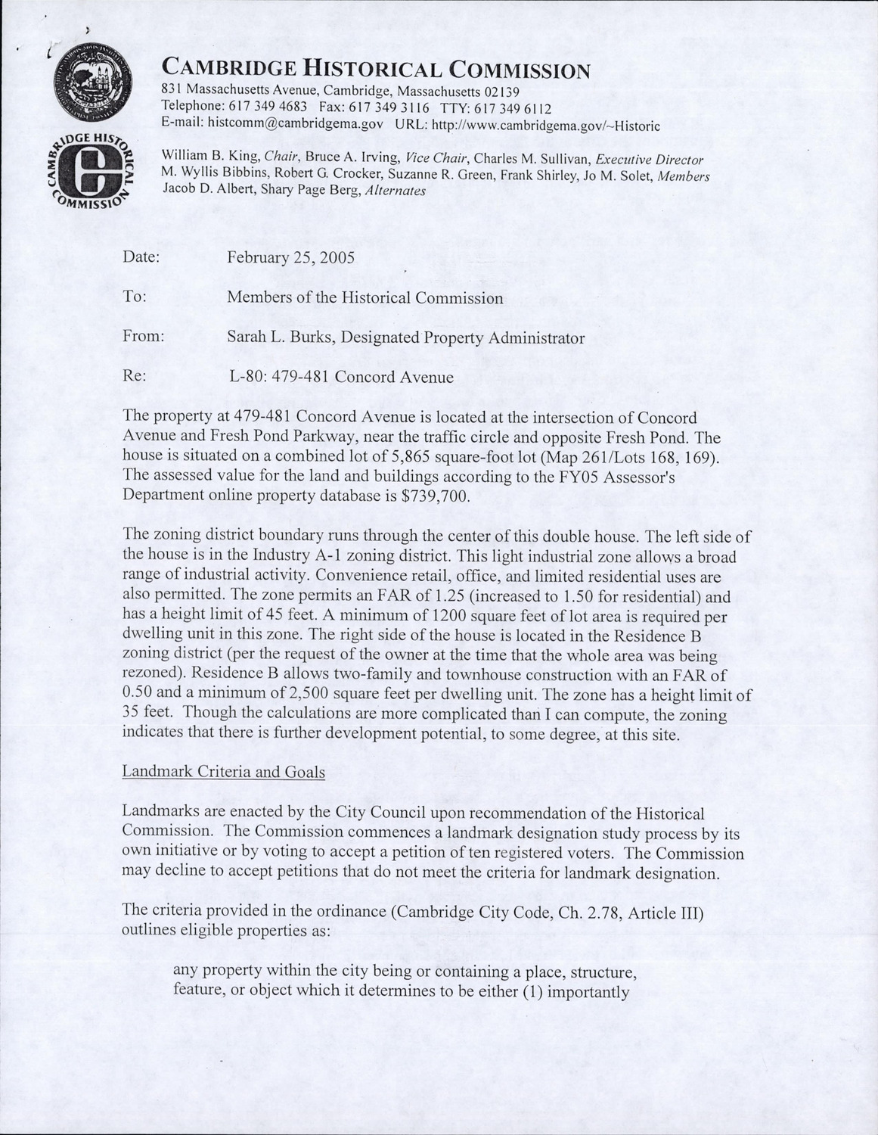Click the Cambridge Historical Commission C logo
[94, 172]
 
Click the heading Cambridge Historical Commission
[376, 70]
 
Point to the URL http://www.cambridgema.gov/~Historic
[544, 124]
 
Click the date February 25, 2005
[290, 257]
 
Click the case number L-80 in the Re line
[244, 377]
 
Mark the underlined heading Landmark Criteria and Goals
[223, 772]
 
